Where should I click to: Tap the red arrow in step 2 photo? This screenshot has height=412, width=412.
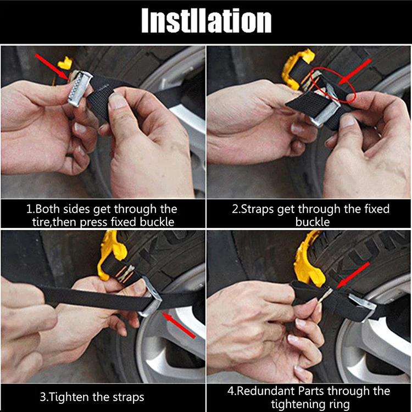[357, 71]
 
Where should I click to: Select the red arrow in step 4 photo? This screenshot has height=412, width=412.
[355, 275]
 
